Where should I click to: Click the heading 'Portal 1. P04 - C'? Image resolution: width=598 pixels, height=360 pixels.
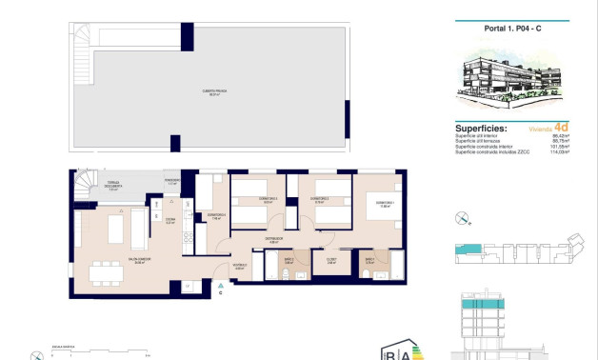coord(511,29)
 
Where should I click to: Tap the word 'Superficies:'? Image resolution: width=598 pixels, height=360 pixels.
coord(481,127)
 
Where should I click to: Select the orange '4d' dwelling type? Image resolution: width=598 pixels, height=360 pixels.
coord(562,127)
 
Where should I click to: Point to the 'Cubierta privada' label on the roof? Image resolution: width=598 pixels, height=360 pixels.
coord(212,92)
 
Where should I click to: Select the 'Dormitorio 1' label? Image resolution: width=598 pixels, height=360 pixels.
coord(384,203)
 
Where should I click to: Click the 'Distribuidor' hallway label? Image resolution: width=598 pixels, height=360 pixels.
coord(273,241)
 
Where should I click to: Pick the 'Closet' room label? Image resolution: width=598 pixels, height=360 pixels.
coord(332,259)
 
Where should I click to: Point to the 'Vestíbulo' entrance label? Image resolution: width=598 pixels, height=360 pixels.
coord(240,267)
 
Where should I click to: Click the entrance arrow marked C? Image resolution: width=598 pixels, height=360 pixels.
coord(221,287)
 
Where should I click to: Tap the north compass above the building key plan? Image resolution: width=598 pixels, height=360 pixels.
coord(464,217)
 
